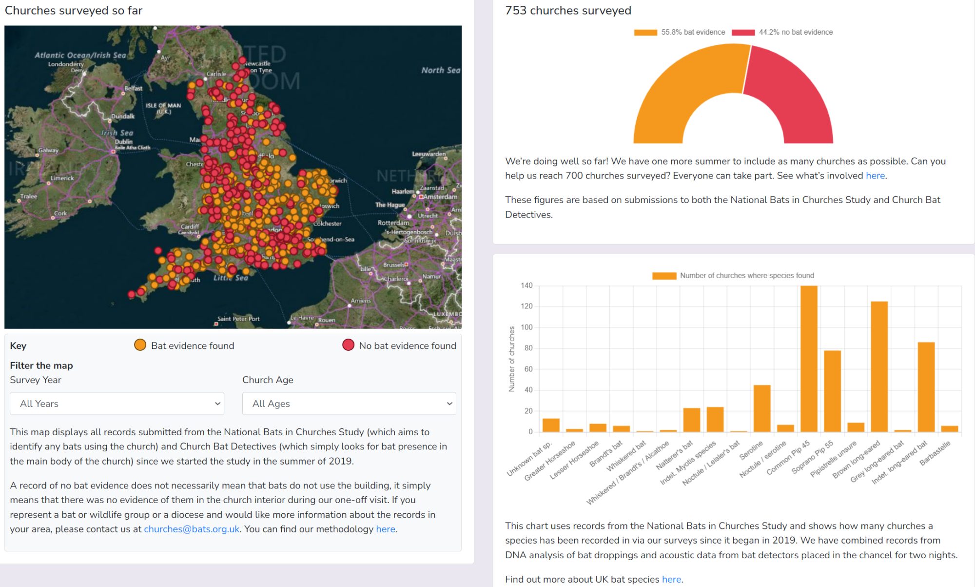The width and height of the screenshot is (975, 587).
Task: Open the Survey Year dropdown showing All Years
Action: [117, 404]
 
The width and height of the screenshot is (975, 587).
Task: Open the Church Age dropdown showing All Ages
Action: [349, 404]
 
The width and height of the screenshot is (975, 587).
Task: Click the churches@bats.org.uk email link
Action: [192, 529]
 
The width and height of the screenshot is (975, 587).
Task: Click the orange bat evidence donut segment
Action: [682, 93]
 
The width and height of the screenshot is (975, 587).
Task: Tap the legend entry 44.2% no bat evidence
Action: [795, 32]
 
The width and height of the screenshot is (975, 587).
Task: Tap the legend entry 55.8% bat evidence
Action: [693, 32]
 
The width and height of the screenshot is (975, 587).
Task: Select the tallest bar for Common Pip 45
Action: [809, 359]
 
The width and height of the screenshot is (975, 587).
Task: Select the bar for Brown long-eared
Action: [879, 366]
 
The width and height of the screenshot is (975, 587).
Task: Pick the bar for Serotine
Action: [762, 408]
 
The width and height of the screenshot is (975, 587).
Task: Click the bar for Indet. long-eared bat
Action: [926, 386]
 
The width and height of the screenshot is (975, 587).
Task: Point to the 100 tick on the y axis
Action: [526, 327]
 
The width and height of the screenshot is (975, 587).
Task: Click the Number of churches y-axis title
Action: [511, 359]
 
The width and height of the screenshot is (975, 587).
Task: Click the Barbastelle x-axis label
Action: [935, 453]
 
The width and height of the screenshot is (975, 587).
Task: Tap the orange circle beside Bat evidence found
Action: [140, 345]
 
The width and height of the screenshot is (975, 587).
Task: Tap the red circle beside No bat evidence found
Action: [348, 345]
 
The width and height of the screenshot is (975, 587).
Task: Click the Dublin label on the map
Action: [123, 142]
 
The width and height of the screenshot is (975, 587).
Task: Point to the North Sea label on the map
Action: [440, 70]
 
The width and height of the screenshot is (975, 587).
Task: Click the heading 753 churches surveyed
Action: [568, 10]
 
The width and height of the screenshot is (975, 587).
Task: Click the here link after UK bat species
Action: [671, 579]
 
